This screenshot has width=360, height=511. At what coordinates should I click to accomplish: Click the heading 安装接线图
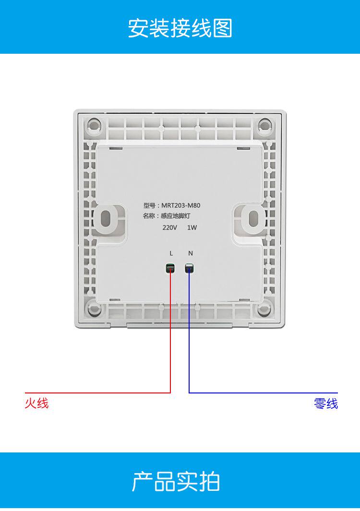[180, 28]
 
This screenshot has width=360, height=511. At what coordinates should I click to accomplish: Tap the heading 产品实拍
[176, 482]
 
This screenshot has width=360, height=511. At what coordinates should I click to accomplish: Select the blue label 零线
[326, 404]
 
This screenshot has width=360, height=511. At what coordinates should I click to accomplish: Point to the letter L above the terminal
[171, 253]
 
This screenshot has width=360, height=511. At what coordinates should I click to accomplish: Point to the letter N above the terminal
[190, 253]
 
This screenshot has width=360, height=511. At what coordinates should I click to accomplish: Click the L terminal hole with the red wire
[170, 268]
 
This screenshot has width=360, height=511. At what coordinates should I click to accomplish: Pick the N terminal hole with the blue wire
[190, 268]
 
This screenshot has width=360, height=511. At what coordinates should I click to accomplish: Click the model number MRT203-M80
[181, 205]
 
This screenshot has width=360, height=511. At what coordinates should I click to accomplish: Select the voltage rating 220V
[170, 227]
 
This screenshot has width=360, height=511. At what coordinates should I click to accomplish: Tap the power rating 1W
[192, 227]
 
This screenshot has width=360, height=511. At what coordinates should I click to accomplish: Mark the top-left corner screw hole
[95, 126]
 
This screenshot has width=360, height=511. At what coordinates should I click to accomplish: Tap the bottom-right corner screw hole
[264, 309]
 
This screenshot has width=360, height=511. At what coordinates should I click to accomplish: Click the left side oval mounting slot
[110, 218]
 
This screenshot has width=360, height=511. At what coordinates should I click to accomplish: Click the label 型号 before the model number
[149, 205]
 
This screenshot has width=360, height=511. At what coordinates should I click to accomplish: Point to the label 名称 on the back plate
[149, 216]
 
